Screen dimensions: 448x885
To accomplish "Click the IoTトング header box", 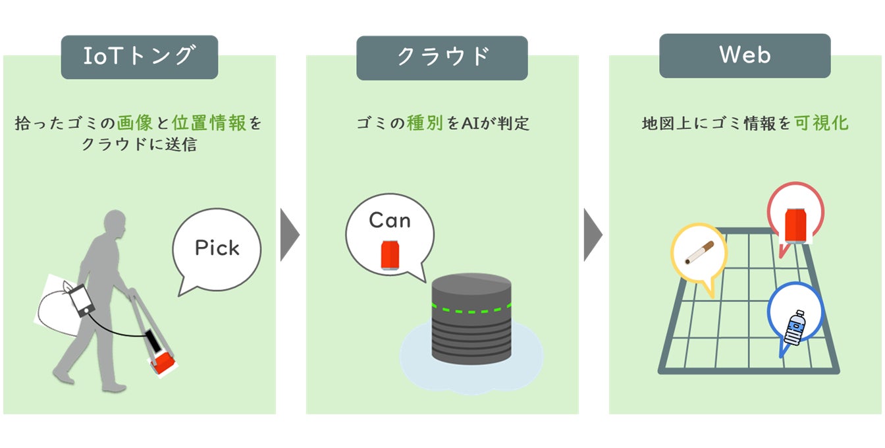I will pyautogui.click(x=139, y=57).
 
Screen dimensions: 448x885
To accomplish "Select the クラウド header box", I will pyautogui.click(x=442, y=57).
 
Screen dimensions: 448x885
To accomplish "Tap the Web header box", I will pyautogui.click(x=745, y=56).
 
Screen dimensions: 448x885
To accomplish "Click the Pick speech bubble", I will pyautogui.click(x=217, y=248).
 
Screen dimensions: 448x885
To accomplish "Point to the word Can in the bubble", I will pyautogui.click(x=390, y=220).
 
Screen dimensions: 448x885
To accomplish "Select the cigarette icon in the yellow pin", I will pyautogui.click(x=699, y=252).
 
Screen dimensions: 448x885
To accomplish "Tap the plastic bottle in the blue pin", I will pyautogui.click(x=795, y=327).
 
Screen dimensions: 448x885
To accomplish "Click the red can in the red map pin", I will pyautogui.click(x=795, y=225).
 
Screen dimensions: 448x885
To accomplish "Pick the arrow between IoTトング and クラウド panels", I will pyautogui.click(x=290, y=235).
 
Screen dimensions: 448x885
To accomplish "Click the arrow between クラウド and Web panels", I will pyautogui.click(x=593, y=235).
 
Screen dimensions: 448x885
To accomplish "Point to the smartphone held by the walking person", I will pyautogui.click(x=83, y=301).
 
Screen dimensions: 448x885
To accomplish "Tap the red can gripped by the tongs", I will pyautogui.click(x=162, y=362).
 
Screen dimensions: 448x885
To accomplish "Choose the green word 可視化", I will pyautogui.click(x=821, y=123).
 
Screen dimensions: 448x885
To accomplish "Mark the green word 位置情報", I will pyautogui.click(x=209, y=123).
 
